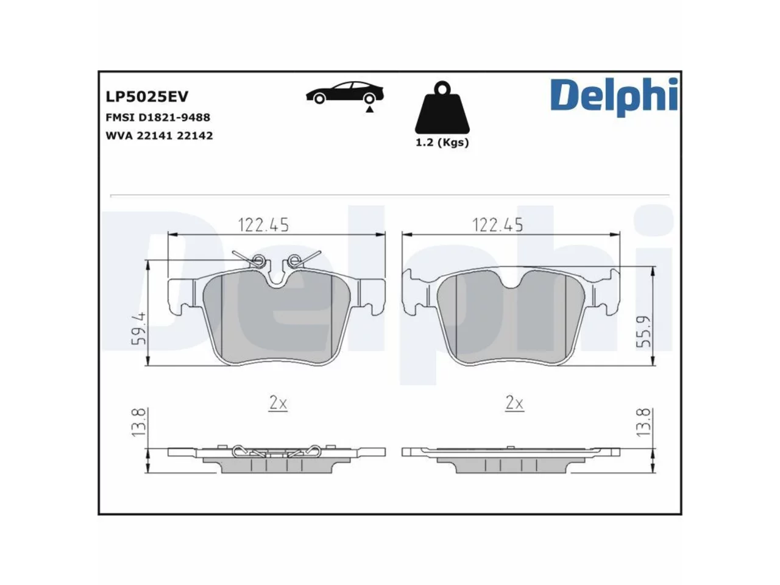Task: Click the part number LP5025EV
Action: point(146,97)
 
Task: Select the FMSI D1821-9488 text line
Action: point(158,117)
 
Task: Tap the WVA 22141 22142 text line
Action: point(159,136)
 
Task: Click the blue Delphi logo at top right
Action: point(614,97)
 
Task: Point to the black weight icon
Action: point(442,108)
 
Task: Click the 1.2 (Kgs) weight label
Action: point(442,143)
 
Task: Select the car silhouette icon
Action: point(345,93)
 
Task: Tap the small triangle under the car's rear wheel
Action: point(369,110)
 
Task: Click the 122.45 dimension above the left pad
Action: point(263,225)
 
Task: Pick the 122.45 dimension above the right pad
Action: point(497,225)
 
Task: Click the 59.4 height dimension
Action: point(138,328)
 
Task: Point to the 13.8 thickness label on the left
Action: point(138,422)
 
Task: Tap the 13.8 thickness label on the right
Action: point(643,422)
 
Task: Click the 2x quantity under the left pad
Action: point(277,403)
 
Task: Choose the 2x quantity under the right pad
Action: point(514,403)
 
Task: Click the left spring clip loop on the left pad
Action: point(258,261)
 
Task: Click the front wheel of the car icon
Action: point(319,98)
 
